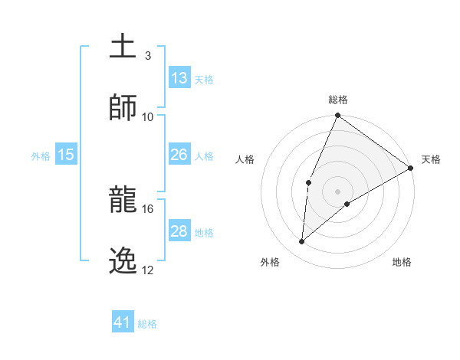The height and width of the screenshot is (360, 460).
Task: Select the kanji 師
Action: [x=123, y=107]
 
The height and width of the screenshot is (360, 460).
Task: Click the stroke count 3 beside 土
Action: [x=148, y=56]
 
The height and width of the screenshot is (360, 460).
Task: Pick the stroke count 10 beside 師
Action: [x=148, y=116]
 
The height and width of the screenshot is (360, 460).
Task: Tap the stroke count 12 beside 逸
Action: [x=148, y=270]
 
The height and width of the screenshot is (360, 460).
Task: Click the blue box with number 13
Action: [x=179, y=78]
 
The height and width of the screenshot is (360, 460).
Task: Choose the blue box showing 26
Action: [x=179, y=155]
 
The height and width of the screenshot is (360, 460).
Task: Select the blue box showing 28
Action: [x=179, y=231]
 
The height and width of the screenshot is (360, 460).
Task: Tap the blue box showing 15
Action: [x=66, y=155]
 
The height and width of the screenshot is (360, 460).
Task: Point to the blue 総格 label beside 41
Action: [x=148, y=324]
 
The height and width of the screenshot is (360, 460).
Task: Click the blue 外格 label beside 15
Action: [x=41, y=155]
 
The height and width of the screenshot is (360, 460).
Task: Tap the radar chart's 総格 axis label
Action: [x=338, y=100]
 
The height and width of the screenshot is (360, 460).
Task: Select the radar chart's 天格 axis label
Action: [x=431, y=159]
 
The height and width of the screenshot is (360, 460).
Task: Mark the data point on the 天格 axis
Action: [x=411, y=168]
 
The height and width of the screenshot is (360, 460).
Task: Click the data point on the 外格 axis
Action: [x=302, y=242]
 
